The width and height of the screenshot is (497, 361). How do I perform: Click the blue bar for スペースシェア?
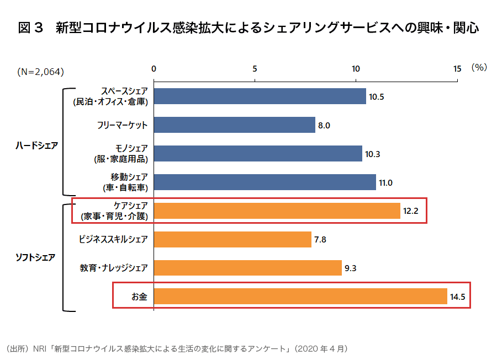tap(260, 96)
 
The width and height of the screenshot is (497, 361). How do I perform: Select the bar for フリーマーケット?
tap(234, 125)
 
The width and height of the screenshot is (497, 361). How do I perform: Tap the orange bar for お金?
tap(300, 296)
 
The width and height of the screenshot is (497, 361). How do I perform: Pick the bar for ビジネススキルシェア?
tap(232, 239)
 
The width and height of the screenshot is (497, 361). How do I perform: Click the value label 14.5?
tap(458, 297)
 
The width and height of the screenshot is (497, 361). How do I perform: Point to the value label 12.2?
tap(411, 211)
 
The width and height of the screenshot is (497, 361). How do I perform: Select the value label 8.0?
tap(324, 126)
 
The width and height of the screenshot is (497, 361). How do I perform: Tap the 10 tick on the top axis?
tap(356, 69)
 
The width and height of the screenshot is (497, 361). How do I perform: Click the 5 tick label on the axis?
tap(255, 69)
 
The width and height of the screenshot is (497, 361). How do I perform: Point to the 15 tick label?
tap(457, 69)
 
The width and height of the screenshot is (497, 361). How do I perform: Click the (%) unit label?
tap(478, 68)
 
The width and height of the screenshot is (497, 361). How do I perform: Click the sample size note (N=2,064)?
tap(40, 71)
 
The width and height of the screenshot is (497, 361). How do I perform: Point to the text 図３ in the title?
tap(30, 28)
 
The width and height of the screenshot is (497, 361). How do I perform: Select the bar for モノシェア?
tap(258, 154)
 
